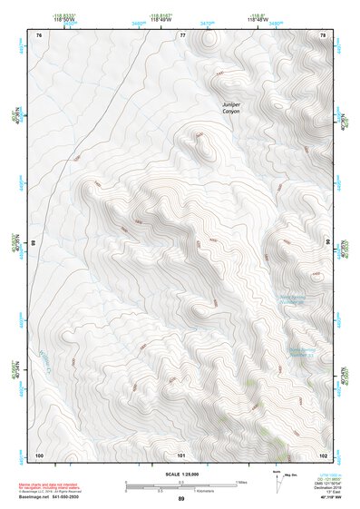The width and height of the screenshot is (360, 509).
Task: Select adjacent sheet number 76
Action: [x=39, y=34]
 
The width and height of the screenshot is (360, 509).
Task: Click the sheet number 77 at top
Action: [x=182, y=34]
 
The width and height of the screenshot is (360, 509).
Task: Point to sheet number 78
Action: [x=323, y=34]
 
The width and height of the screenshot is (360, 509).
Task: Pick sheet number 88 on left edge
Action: [x=34, y=243]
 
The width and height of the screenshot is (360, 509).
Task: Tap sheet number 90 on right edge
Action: [x=328, y=243]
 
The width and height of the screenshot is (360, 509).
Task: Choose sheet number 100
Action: [x=39, y=454]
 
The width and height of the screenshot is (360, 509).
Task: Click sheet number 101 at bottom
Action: [x=181, y=454]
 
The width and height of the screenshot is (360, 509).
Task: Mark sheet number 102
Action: [x=323, y=454]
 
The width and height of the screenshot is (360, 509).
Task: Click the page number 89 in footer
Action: [x=181, y=499]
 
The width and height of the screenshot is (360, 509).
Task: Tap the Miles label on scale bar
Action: [x=240, y=481]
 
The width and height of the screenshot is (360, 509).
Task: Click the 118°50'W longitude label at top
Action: [x=64, y=19]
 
